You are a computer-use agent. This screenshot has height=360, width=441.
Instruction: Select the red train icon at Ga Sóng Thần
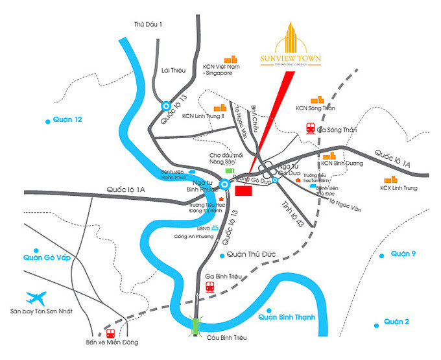[311, 128]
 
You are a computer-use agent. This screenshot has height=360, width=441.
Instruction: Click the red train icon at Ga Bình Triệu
[210, 287]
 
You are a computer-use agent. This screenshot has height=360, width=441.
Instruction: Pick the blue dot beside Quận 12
[47, 120]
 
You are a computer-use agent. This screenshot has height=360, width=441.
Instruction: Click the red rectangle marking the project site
[243, 191]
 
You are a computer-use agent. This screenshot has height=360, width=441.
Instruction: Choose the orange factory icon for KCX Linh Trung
[392, 180]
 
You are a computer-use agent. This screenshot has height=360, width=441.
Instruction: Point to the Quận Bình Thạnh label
[286, 317]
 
